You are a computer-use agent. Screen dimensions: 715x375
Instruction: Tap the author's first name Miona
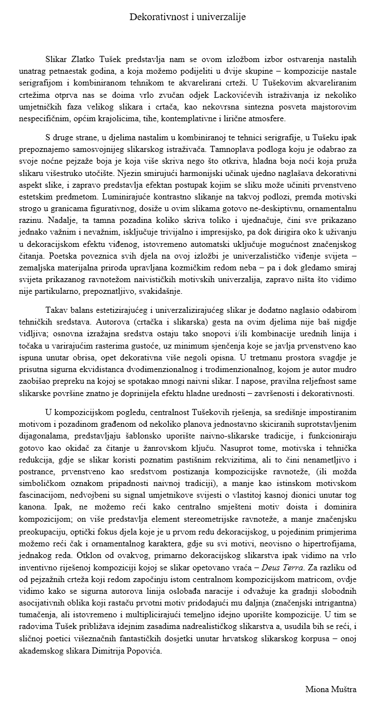tap(316, 689)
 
